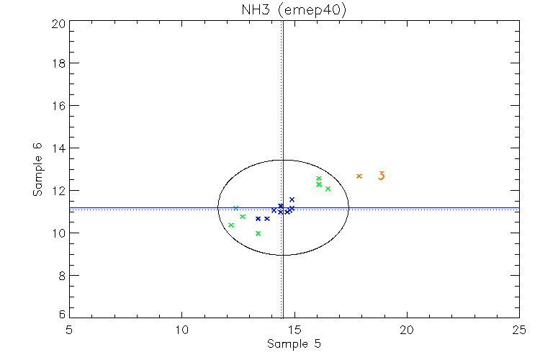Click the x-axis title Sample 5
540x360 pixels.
[x=294, y=343]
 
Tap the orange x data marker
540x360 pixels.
[x=359, y=176]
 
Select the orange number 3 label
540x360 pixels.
[x=382, y=176]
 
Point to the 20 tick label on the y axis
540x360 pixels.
[x=58, y=22]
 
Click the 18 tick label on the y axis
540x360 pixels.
[x=58, y=63]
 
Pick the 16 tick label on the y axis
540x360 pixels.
[x=58, y=106]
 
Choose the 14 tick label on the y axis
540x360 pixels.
[x=58, y=148]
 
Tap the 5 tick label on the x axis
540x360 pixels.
[x=69, y=329]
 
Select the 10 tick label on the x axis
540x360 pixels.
[x=181, y=329]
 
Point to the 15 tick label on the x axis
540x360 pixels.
[x=294, y=329]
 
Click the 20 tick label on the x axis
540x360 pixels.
[x=407, y=329]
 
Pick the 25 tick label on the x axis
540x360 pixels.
[x=519, y=329]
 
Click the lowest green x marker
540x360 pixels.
[x=258, y=233]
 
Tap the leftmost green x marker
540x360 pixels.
[x=231, y=225]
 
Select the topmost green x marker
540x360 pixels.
[x=318, y=179]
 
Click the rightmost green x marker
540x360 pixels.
[x=328, y=189]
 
